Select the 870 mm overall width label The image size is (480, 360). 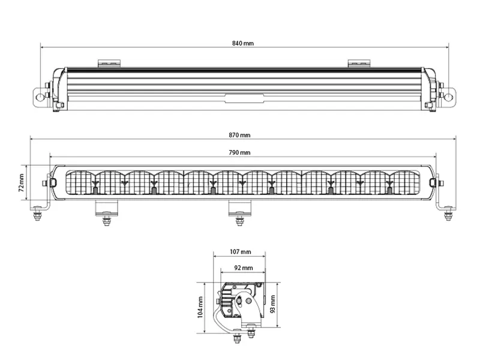point(240,135)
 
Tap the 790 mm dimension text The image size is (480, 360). point(240,153)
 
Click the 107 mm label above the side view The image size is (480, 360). point(240,252)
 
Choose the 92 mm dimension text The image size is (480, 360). point(242,268)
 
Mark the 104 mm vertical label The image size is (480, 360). point(201,307)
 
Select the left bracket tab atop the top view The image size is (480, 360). point(110,62)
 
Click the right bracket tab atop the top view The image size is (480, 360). point(359,62)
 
